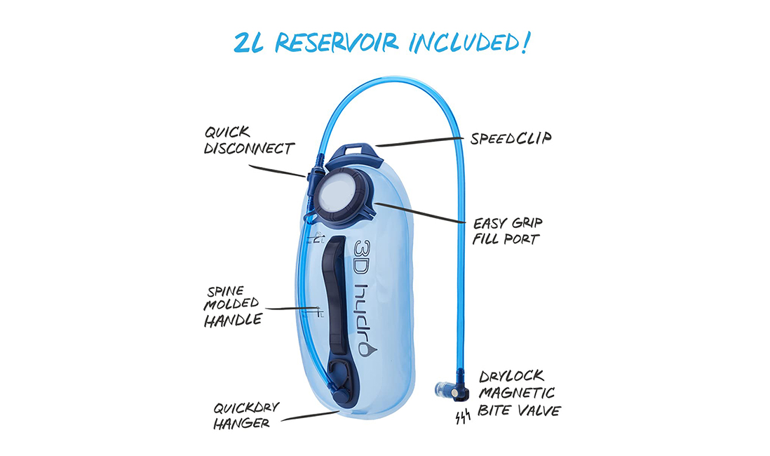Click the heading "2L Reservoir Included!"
[382, 43]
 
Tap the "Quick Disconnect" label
[249, 140]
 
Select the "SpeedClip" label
[511, 139]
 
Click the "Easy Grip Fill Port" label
[507, 231]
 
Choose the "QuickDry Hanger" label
[246, 416]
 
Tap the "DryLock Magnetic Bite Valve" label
[520, 394]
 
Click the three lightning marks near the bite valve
[463, 417]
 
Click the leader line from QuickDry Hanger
[311, 416]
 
